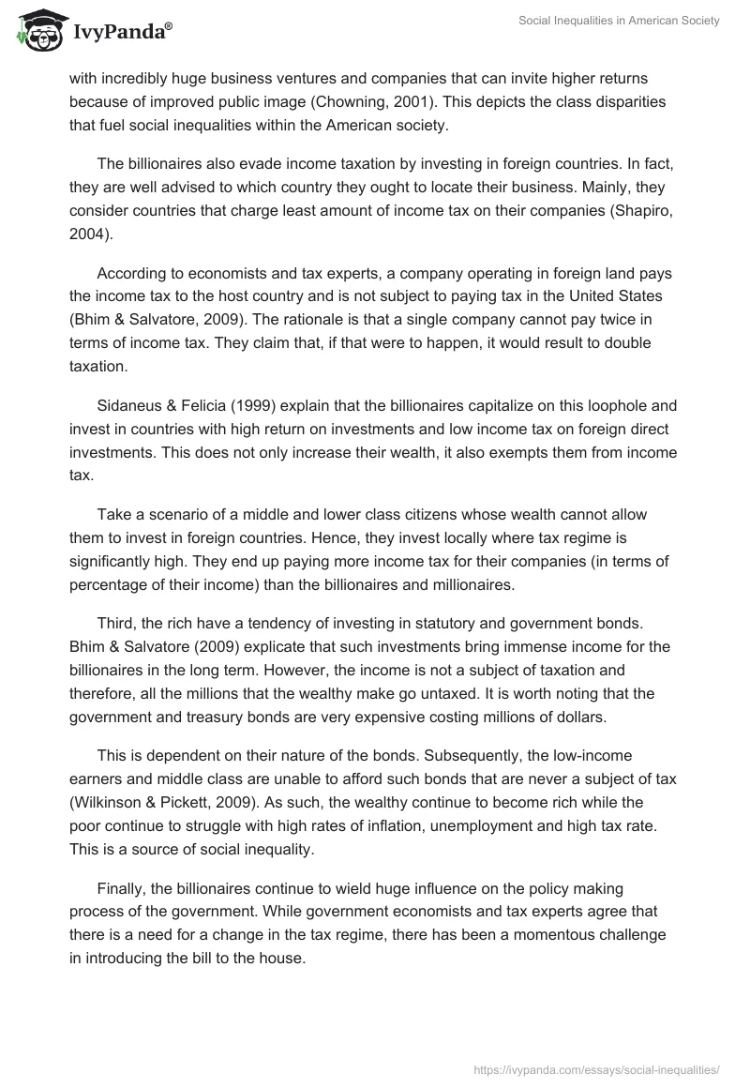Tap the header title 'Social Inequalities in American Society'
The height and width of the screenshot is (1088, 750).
619,22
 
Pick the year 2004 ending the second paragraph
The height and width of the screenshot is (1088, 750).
88,234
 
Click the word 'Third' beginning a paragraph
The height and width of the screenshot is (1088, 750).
115,625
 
